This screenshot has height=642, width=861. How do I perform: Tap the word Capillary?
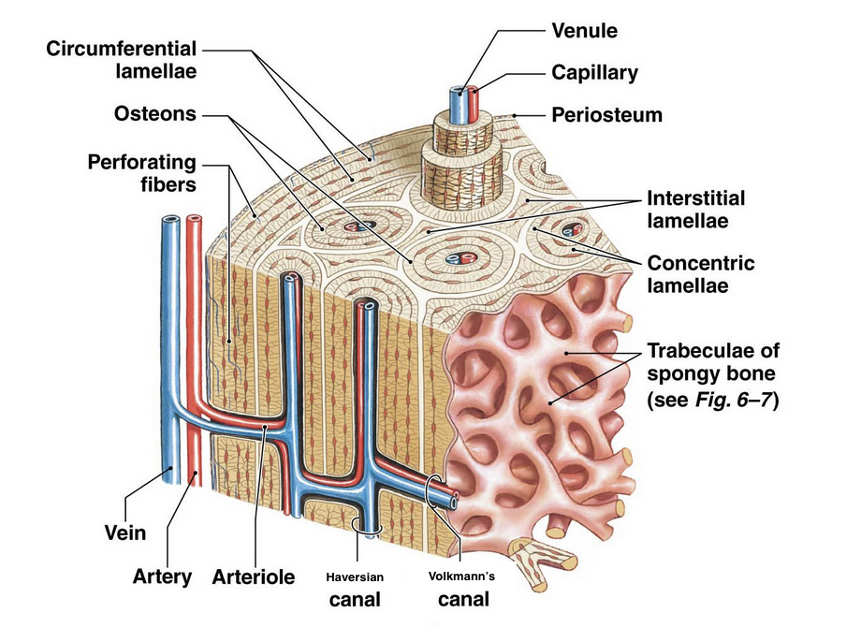(x=595, y=72)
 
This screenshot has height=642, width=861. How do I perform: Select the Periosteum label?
(x=606, y=115)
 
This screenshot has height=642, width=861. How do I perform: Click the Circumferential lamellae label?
(x=122, y=59)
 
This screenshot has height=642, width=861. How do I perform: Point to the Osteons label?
(x=155, y=113)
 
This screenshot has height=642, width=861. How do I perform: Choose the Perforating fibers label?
(x=142, y=172)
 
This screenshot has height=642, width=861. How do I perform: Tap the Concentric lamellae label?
(x=700, y=273)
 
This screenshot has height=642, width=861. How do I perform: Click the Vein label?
(x=124, y=533)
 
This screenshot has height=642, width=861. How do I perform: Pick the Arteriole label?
(x=254, y=576)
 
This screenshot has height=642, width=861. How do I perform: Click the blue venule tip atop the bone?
(x=458, y=95)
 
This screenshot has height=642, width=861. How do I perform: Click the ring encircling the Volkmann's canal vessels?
(x=436, y=489)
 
